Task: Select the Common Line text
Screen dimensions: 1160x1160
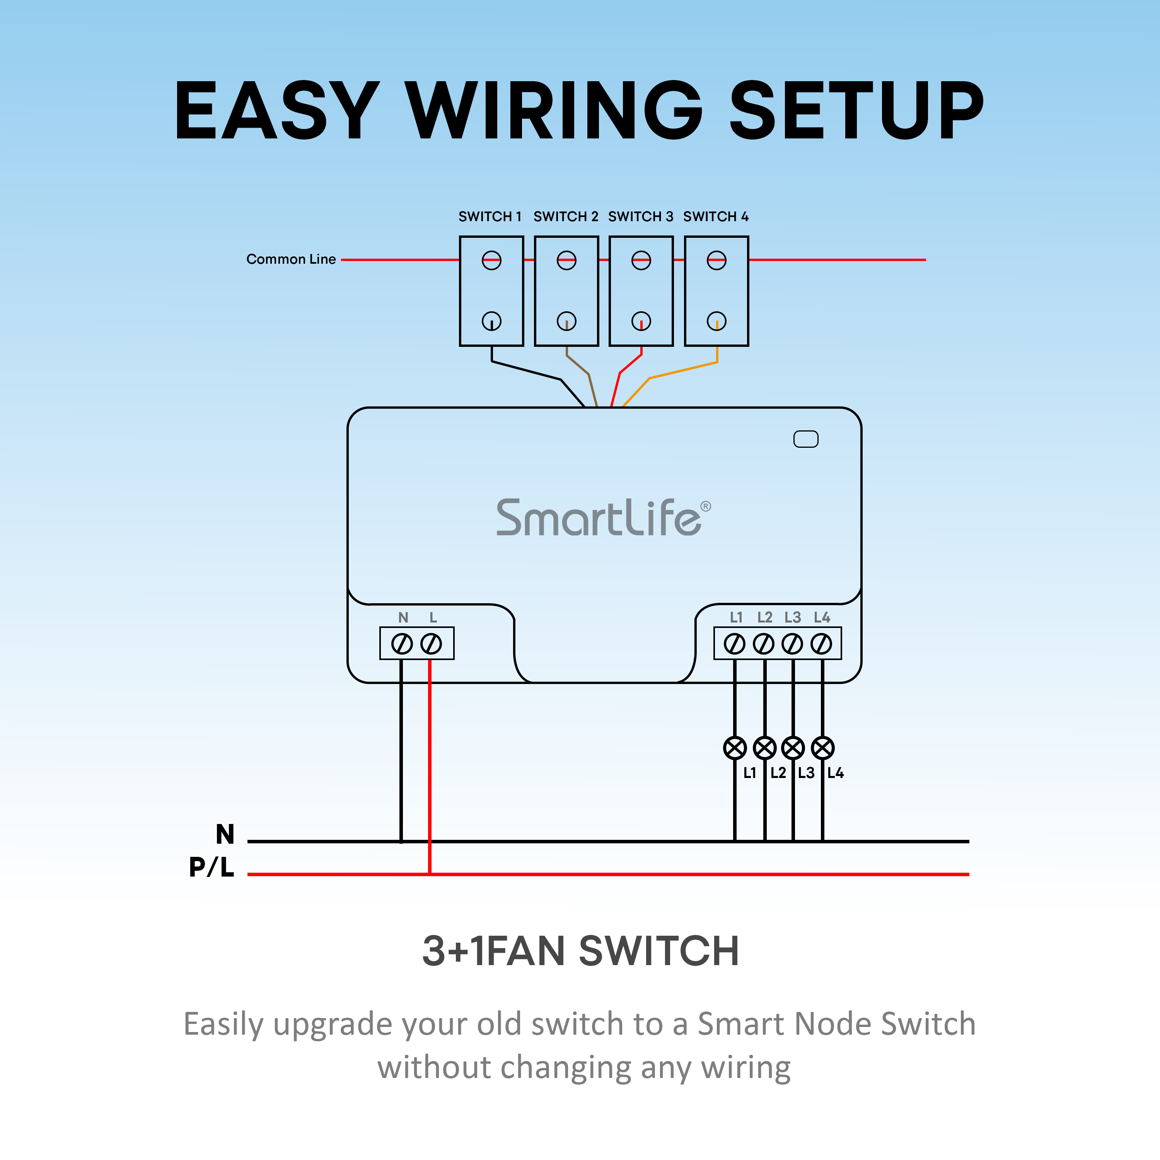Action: tap(291, 259)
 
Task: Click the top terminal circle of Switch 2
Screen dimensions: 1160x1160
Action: tap(566, 261)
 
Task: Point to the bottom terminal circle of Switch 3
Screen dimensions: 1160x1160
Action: tap(641, 321)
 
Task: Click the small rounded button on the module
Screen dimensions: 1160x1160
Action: tap(806, 439)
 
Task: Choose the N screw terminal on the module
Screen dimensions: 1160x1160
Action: tap(402, 644)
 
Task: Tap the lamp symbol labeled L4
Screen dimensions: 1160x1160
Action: tap(822, 748)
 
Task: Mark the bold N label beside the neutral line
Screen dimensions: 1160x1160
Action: tap(225, 834)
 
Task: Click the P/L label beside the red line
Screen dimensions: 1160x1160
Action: tap(212, 867)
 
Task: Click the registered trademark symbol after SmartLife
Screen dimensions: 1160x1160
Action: tap(706, 506)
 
